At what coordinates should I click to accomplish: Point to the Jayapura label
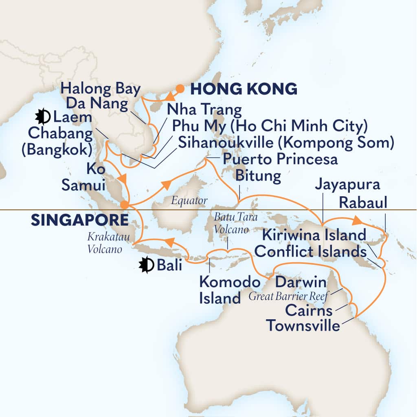coord(347,185)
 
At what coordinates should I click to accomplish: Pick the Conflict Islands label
coord(310,252)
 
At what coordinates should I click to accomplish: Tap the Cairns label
coord(315,311)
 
